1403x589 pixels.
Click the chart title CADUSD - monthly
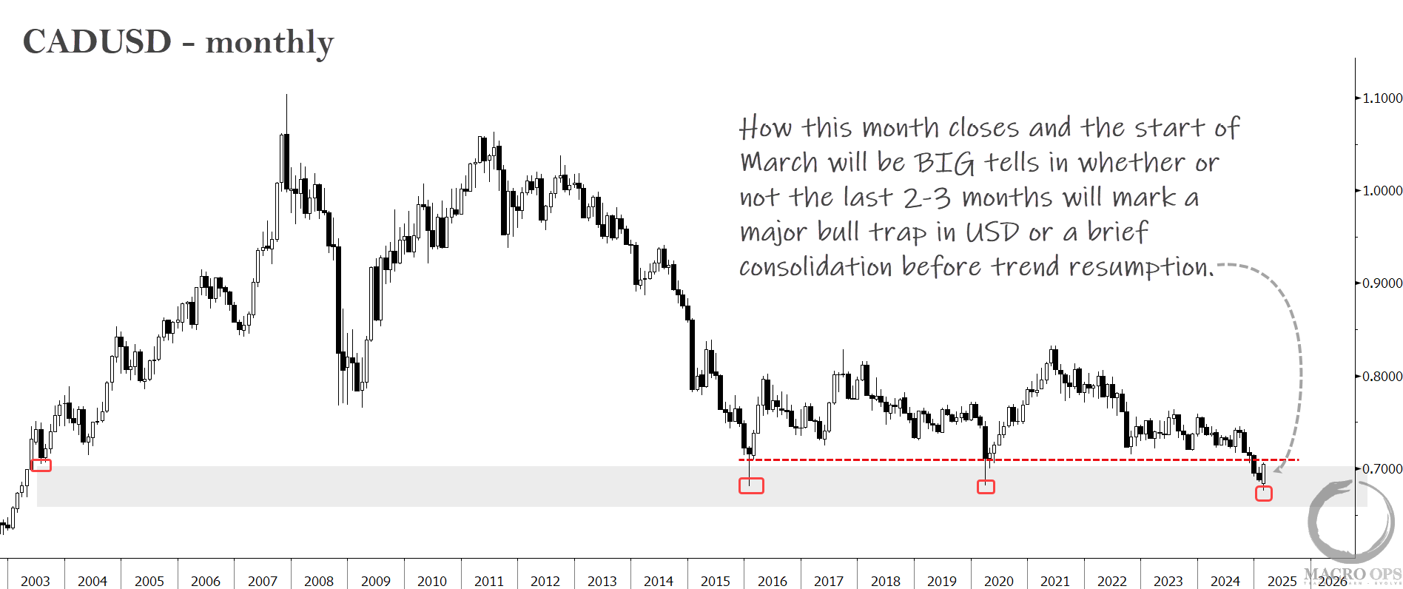pos(178,42)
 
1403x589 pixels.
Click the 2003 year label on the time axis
pos(36,581)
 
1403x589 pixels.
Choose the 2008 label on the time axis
pos(319,581)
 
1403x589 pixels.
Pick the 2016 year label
pos(773,581)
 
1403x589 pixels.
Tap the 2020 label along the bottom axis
pos(999,581)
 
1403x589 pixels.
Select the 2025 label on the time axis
pos(1282,581)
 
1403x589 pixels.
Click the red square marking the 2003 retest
pos(41,465)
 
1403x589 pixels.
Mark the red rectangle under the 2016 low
pos(751,485)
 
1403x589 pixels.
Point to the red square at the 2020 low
pos(986,486)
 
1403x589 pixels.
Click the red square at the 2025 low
pos(1264,493)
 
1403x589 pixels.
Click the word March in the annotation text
pos(779,163)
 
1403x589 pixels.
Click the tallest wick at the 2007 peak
pos(286,111)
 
